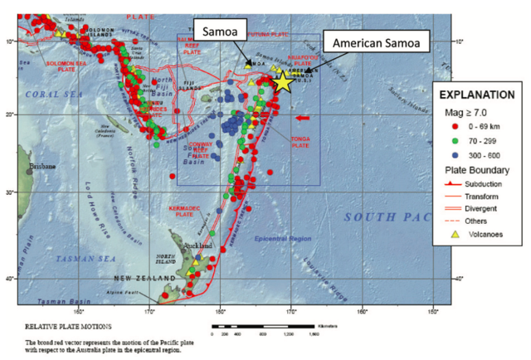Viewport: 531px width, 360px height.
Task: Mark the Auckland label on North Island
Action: pyautogui.click(x=204, y=246)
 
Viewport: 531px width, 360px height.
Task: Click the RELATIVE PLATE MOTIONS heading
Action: pyautogui.click(x=61, y=327)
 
